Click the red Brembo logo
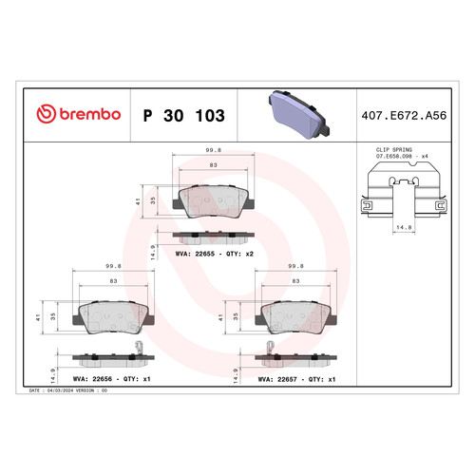[x=79, y=114]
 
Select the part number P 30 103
[x=184, y=116]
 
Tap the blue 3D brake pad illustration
[x=299, y=115]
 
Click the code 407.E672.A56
[x=404, y=116]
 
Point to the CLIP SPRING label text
[x=394, y=149]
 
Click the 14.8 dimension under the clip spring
[x=404, y=227]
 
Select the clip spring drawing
[x=404, y=190]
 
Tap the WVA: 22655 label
[x=195, y=254]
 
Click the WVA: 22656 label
[x=92, y=379]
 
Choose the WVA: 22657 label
[x=277, y=379]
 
